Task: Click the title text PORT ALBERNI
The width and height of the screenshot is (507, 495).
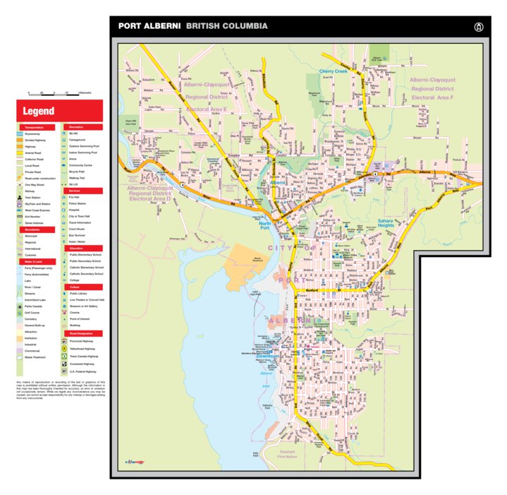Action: click(x=149, y=26)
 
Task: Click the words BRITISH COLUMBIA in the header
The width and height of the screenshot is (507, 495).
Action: click(x=226, y=26)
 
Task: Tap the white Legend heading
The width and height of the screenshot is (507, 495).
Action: click(x=38, y=111)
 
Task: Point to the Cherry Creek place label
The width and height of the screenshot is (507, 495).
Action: click(x=333, y=71)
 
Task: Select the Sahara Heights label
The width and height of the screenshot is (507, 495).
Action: click(x=386, y=222)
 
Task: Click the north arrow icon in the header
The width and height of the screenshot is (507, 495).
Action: click(x=479, y=27)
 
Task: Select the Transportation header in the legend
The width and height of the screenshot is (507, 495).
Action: click(x=34, y=126)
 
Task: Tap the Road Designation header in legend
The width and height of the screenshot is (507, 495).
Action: click(x=80, y=333)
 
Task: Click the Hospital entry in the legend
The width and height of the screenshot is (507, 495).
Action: click(x=74, y=210)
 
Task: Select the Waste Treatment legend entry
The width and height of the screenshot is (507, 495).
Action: click(x=35, y=357)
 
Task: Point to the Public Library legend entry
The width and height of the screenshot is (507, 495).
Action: click(x=78, y=293)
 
